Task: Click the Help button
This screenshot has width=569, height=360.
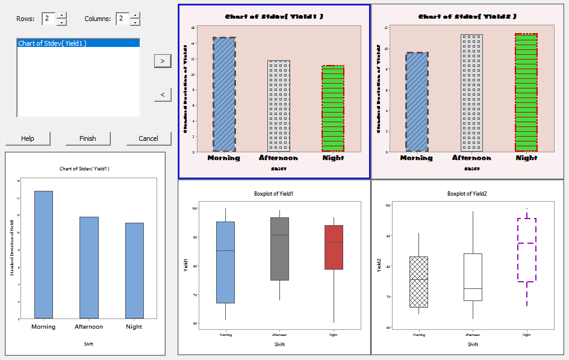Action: [x=28, y=138]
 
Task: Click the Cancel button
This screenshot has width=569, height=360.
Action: [x=148, y=138]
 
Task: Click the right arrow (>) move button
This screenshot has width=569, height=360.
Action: [x=163, y=61]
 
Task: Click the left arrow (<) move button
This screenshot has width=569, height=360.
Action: [x=163, y=95]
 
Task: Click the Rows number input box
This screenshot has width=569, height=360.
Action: [x=48, y=19]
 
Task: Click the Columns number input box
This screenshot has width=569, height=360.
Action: [x=122, y=19]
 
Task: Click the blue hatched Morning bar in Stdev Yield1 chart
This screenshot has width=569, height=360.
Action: [x=224, y=94]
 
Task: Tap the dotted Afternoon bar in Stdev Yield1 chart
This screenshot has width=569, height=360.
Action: [x=279, y=105]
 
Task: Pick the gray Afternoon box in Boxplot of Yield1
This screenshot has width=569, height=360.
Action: [x=280, y=249]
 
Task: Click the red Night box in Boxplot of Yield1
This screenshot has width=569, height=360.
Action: [x=334, y=247]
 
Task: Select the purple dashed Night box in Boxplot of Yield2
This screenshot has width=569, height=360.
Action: [x=527, y=250]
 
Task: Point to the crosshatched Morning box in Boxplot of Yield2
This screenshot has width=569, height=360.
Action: [x=418, y=282]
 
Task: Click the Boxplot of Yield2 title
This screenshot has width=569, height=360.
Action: [x=467, y=194]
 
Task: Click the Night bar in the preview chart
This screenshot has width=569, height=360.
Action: [x=134, y=270]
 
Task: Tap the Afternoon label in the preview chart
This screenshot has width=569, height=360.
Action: [x=89, y=327]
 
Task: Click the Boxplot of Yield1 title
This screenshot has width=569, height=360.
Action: [x=274, y=194]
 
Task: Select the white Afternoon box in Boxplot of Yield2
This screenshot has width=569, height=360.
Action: [x=473, y=277]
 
